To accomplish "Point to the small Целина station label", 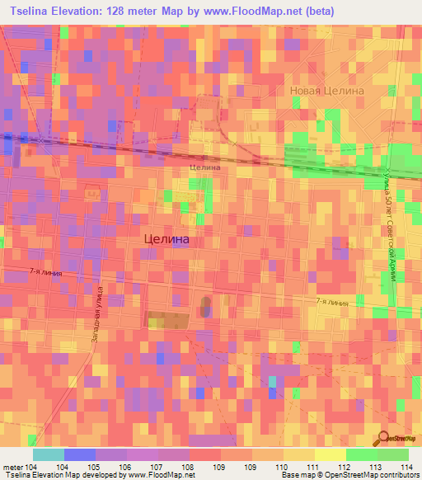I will [205, 167].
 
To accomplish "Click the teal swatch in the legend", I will [49, 454].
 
